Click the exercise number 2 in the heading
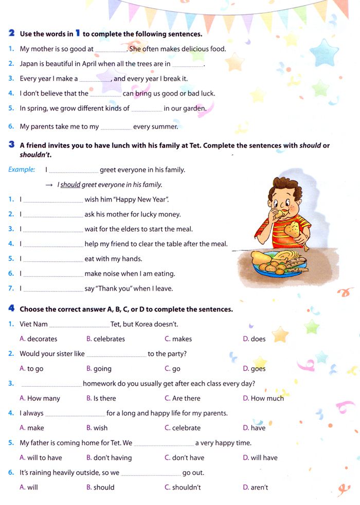click(x=11, y=33)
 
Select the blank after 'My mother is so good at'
click(x=111, y=49)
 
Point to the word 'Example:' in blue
click(x=22, y=170)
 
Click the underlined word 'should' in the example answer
click(x=70, y=185)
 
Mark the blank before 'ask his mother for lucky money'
click(x=53, y=214)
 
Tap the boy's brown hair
click(x=288, y=186)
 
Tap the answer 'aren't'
click(x=259, y=487)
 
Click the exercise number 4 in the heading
click(x=11, y=309)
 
